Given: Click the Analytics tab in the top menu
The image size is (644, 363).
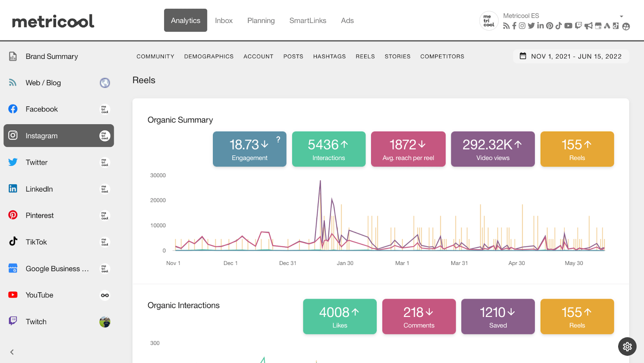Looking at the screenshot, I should [186, 21].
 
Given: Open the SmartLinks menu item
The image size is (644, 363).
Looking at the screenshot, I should [308, 21].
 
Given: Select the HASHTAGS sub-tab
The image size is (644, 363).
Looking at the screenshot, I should [329, 56].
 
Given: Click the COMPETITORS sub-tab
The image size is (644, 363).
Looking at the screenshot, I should [442, 56].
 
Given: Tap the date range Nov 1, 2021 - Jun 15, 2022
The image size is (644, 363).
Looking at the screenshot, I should [571, 56].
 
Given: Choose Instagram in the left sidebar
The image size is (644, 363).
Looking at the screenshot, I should [59, 136].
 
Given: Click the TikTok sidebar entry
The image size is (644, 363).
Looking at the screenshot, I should [36, 242].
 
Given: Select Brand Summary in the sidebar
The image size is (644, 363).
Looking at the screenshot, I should [52, 56].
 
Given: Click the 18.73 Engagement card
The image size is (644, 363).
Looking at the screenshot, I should [249, 149].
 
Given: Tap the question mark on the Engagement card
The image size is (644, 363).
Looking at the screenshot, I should [278, 140].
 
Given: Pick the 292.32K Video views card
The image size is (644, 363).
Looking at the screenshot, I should [493, 149].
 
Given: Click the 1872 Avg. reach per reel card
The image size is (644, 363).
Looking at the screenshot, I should [408, 149].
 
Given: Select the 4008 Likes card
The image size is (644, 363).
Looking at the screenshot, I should [340, 317].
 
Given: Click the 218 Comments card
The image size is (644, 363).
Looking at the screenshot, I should [419, 317].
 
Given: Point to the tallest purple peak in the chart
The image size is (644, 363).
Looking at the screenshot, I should [320, 181].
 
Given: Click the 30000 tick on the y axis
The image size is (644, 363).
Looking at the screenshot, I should [158, 175].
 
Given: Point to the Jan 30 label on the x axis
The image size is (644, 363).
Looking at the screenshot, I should [345, 263].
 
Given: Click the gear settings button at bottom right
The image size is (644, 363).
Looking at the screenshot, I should [627, 346].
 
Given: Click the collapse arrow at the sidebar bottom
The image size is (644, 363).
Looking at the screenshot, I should [12, 352].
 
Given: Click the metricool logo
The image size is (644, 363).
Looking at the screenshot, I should [53, 21].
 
